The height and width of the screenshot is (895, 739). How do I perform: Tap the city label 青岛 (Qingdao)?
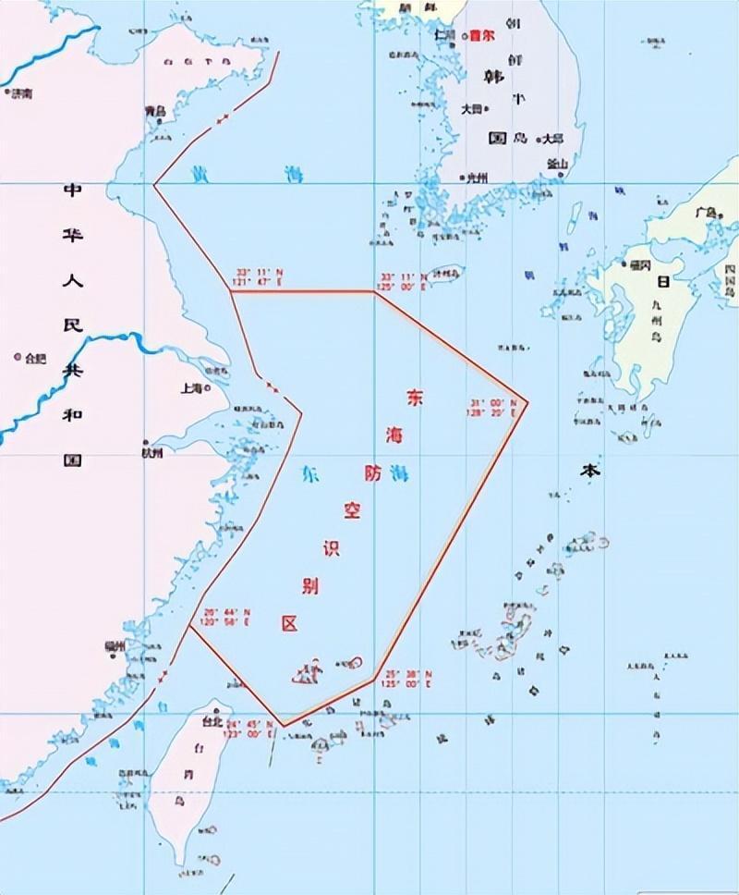pyautogui.click(x=154, y=110)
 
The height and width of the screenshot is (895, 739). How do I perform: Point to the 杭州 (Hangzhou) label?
pyautogui.click(x=151, y=454)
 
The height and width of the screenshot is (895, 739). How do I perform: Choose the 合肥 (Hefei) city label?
pyautogui.click(x=35, y=357)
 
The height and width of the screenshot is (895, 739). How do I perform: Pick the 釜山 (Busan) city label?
pyautogui.click(x=556, y=163)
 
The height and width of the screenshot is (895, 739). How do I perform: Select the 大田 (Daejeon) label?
pyautogui.click(x=471, y=109)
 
